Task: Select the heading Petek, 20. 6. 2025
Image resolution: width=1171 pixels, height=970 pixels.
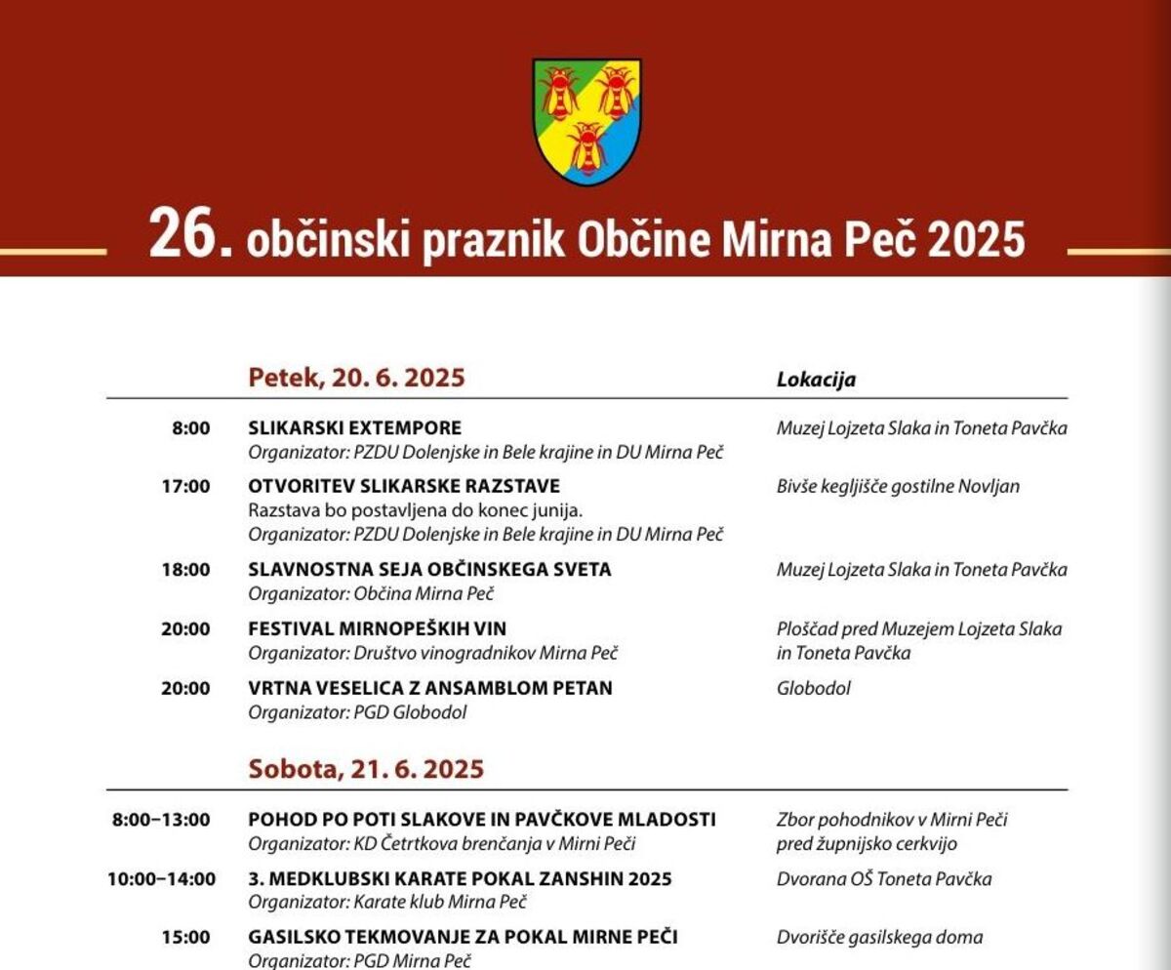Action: (x=356, y=378)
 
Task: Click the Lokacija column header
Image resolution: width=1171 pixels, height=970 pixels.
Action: (x=816, y=380)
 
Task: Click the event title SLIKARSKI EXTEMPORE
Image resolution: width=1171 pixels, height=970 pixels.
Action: (x=355, y=427)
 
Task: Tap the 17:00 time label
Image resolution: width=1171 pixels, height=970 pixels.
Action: (x=185, y=485)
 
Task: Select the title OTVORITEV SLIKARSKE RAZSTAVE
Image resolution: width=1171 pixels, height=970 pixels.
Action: (x=404, y=485)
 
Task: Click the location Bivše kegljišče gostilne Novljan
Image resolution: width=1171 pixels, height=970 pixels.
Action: (x=898, y=485)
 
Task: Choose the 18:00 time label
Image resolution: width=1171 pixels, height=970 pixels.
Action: (x=185, y=569)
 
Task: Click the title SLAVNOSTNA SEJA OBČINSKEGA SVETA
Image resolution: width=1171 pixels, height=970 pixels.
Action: (x=429, y=569)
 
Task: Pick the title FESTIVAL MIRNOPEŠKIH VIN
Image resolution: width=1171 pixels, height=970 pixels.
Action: (x=378, y=628)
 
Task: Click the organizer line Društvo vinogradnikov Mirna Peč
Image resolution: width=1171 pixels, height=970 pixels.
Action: (x=433, y=653)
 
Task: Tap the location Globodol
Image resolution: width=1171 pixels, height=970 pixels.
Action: (x=814, y=688)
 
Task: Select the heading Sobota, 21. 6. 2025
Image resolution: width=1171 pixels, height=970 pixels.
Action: (x=366, y=769)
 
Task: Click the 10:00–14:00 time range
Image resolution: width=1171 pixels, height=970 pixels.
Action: (x=162, y=878)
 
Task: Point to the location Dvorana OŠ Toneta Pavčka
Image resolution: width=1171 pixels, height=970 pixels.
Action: (x=884, y=878)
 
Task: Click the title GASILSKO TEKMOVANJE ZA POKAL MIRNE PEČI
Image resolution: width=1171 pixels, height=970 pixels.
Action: (x=463, y=937)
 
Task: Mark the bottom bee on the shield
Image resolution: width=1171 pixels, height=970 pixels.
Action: (x=586, y=146)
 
